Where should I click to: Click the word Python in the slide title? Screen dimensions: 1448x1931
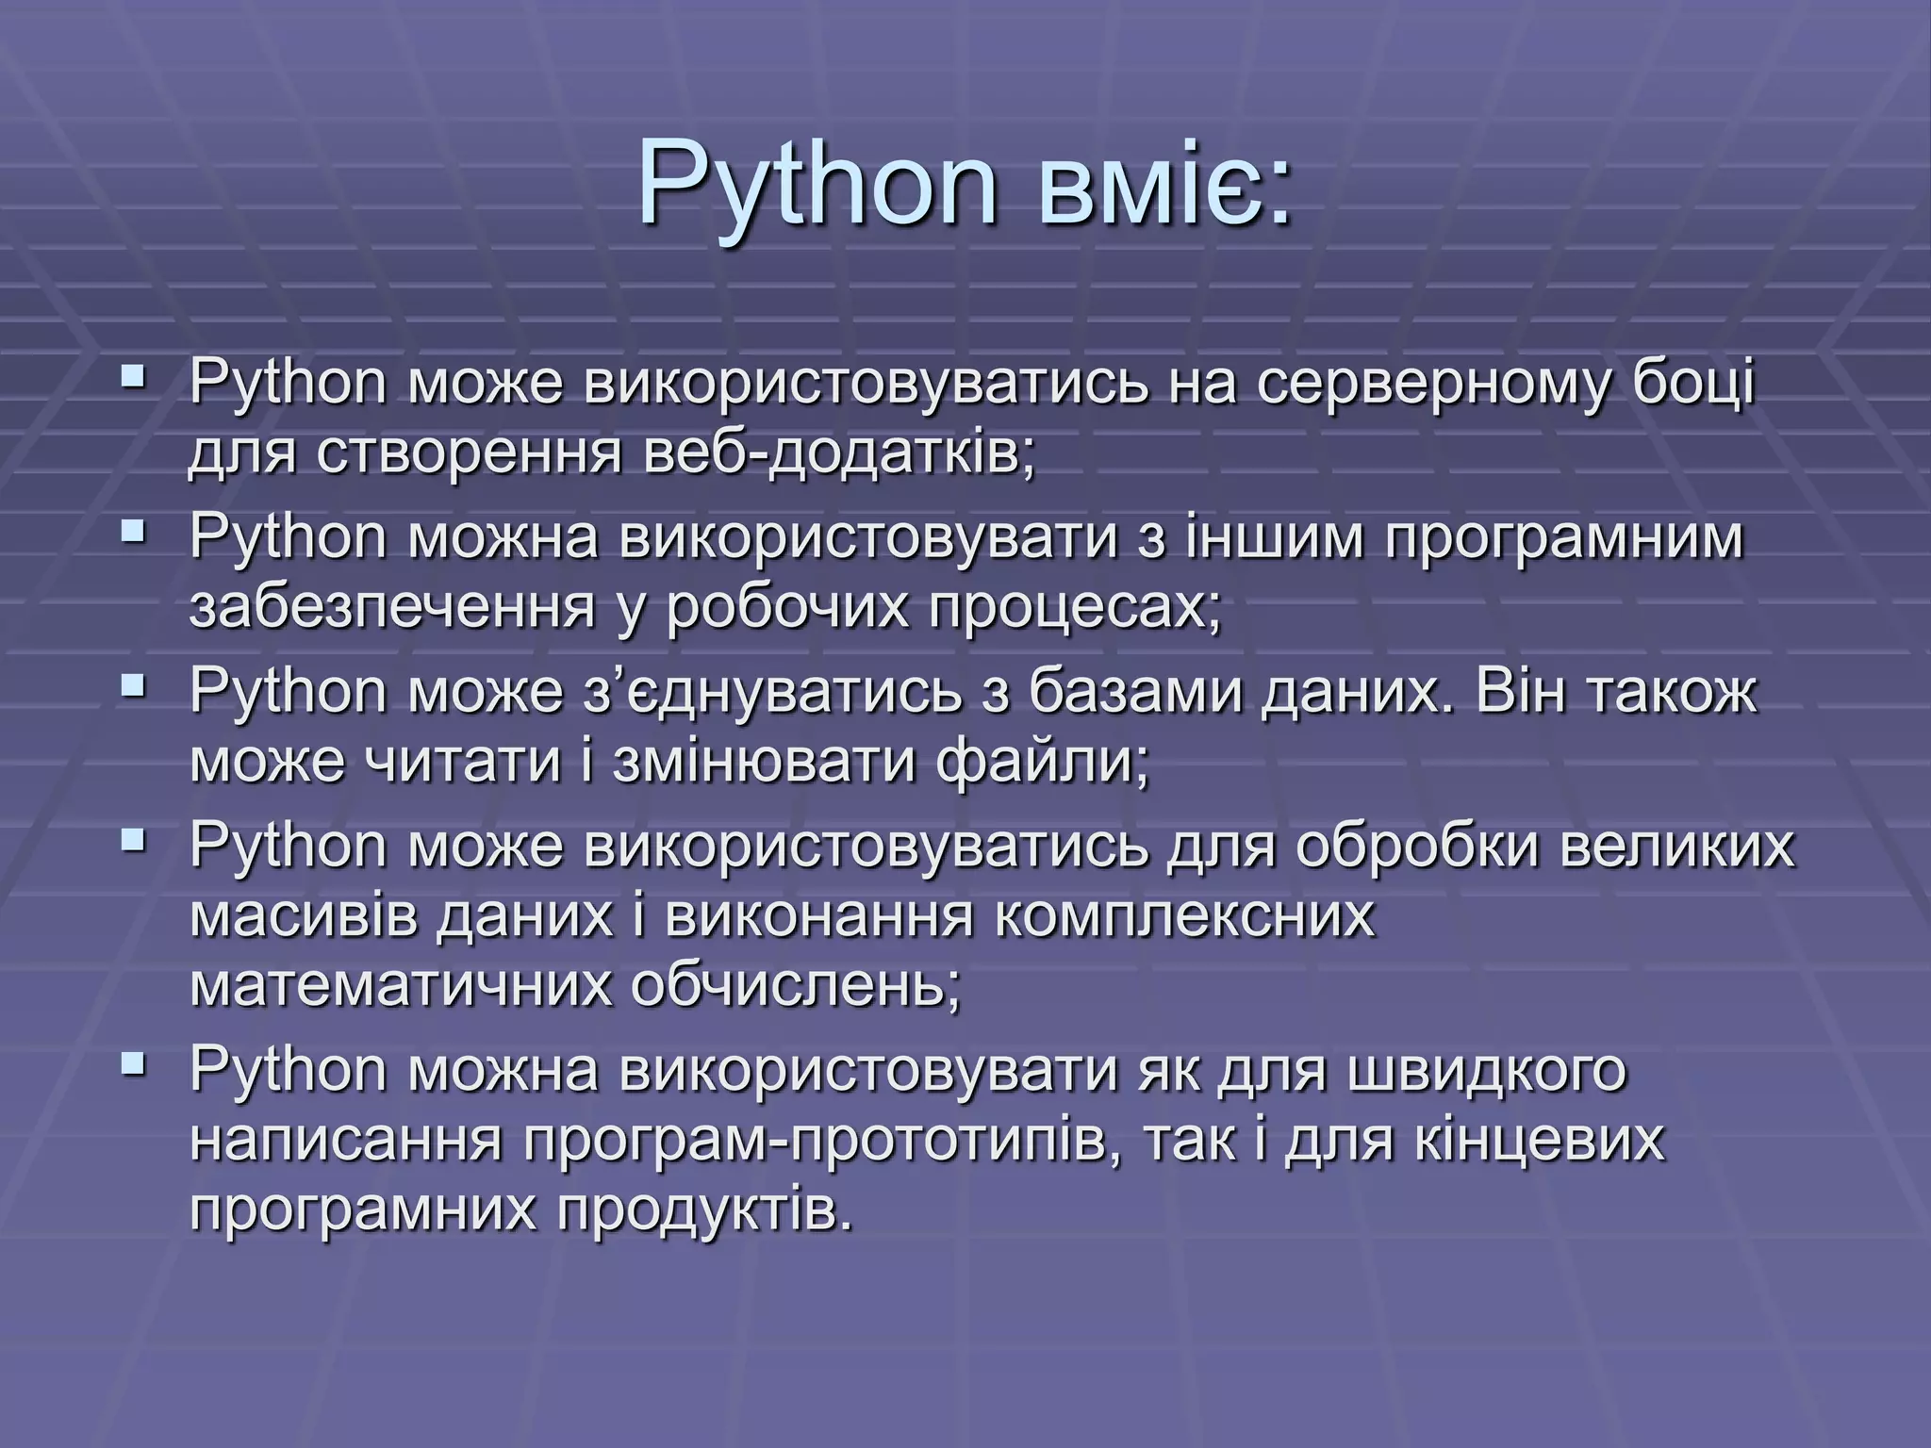[x=817, y=185]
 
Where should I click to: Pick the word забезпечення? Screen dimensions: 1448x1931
[x=392, y=609]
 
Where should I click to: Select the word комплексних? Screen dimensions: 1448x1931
[x=1184, y=916]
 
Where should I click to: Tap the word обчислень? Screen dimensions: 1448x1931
[x=795, y=986]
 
